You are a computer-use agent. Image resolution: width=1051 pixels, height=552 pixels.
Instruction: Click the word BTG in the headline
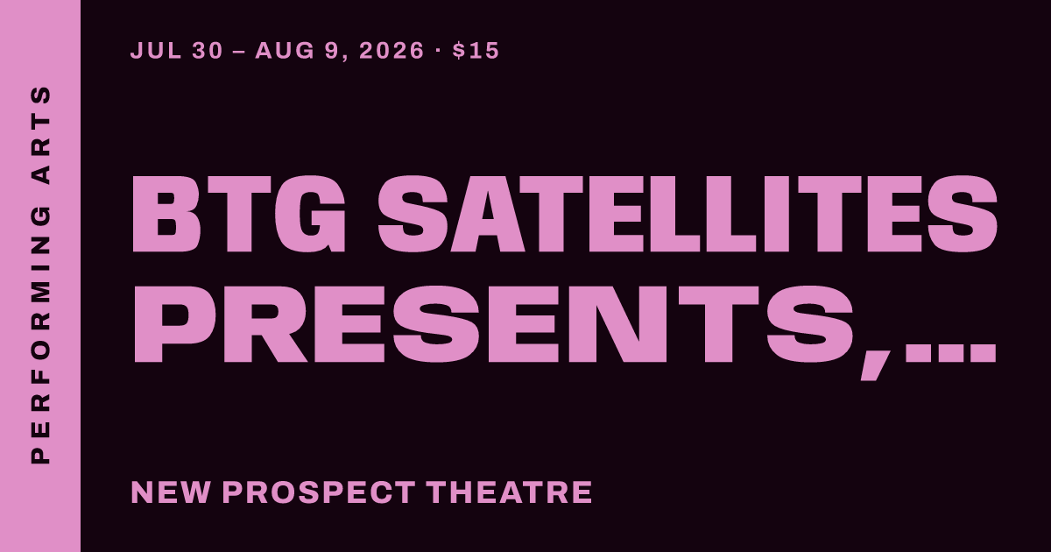(x=239, y=215)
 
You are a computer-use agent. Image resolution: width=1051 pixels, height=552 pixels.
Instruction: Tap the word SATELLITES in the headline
(x=688, y=215)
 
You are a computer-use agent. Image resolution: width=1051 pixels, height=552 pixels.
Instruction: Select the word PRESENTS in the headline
(x=494, y=324)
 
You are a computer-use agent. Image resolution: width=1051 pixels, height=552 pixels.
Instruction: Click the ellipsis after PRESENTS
(x=950, y=353)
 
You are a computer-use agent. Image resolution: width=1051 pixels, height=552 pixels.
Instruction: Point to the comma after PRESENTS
(x=874, y=362)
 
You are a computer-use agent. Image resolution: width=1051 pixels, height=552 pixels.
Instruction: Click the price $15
(x=476, y=51)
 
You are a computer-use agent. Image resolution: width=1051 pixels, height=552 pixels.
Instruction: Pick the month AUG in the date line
(x=285, y=51)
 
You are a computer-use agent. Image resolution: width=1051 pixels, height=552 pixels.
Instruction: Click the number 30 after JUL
(x=207, y=51)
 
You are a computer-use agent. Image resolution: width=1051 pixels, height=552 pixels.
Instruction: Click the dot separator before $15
(x=438, y=50)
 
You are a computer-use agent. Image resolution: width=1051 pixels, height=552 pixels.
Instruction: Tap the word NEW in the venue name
(x=170, y=492)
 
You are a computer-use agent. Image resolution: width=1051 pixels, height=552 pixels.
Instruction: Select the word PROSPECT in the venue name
(x=319, y=492)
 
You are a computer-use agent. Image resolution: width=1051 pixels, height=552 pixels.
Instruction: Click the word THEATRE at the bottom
(x=510, y=492)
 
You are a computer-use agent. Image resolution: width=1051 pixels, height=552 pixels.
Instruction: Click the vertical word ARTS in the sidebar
(x=40, y=135)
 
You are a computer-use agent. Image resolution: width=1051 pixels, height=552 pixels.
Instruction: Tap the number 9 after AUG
(x=331, y=51)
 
